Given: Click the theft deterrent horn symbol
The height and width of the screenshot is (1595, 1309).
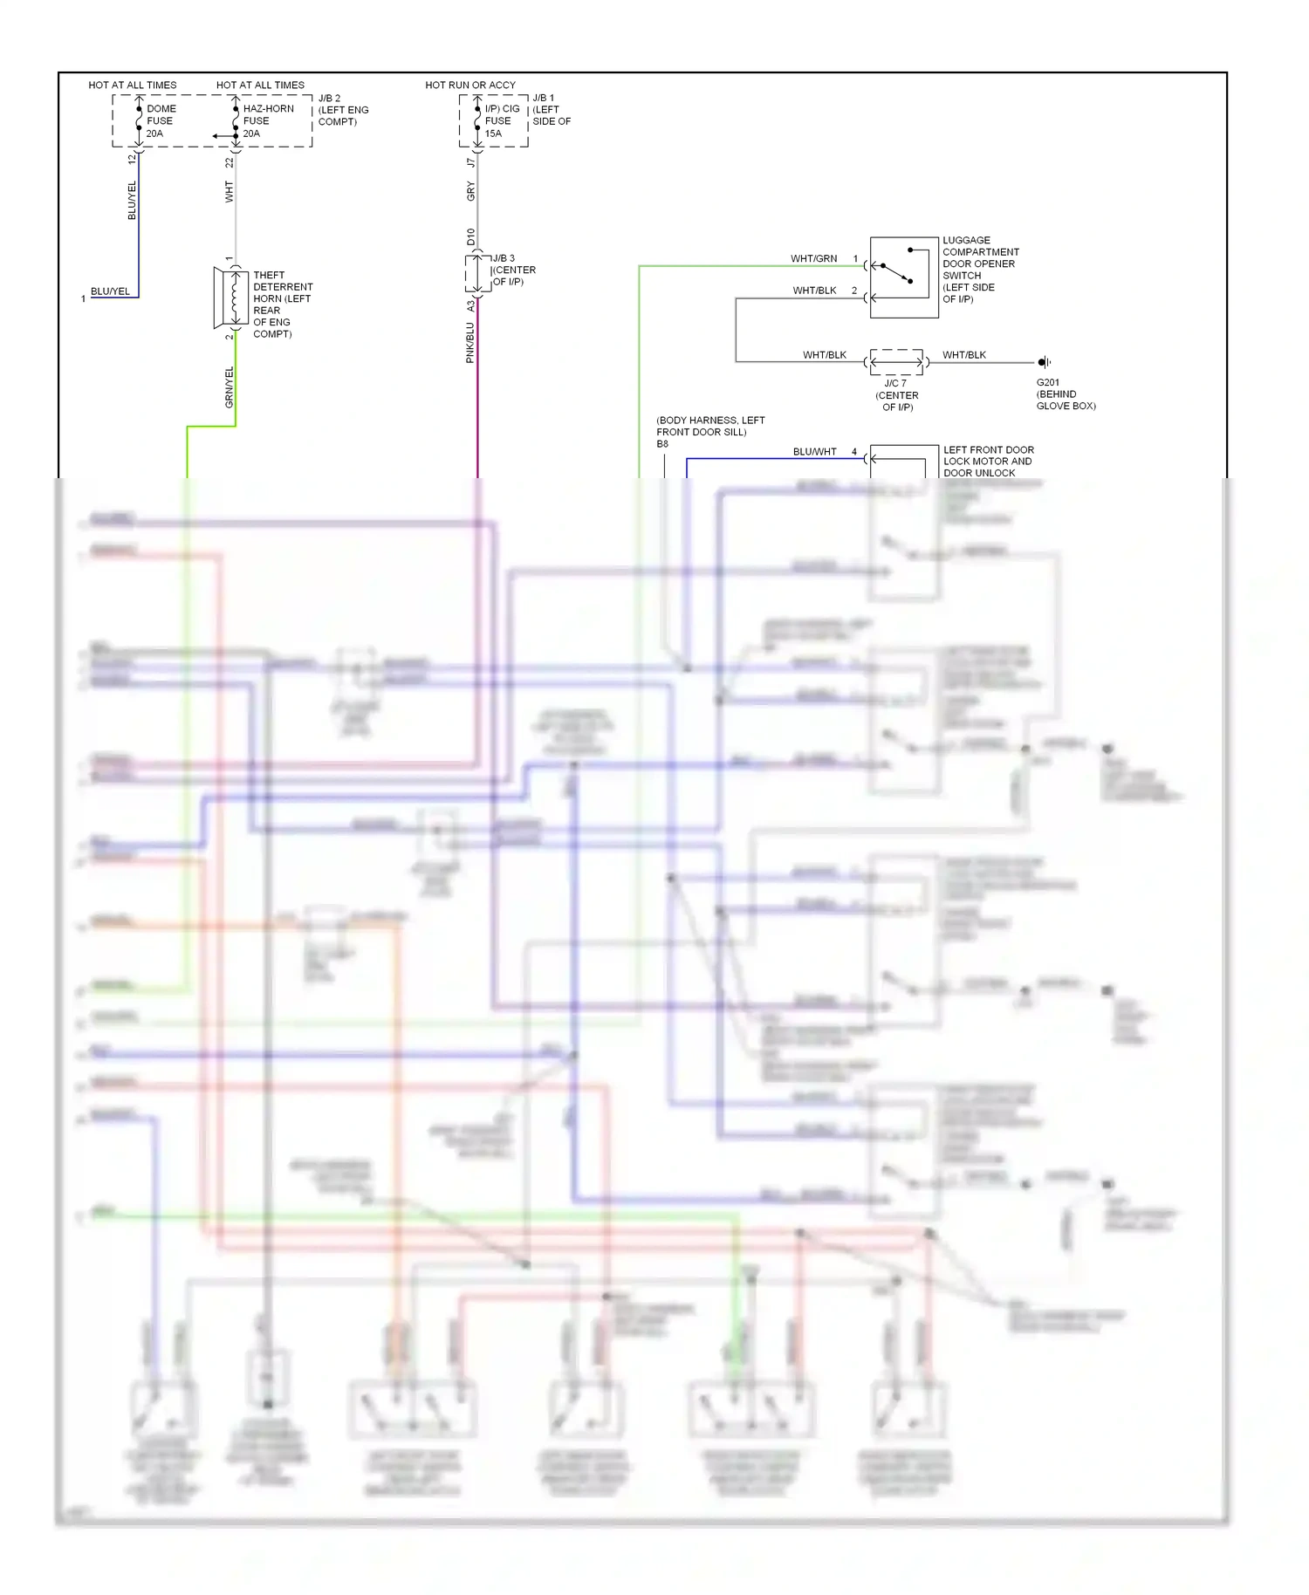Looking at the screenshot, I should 231,298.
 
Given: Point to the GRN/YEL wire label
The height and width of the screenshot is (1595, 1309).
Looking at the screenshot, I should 230,387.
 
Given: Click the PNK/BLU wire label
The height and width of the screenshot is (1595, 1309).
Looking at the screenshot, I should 470,343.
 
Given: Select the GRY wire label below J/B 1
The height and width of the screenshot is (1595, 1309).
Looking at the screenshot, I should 471,192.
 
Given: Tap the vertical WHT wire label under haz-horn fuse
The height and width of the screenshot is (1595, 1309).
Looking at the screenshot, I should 230,192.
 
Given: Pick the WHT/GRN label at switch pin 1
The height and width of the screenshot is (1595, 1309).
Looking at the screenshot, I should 813,259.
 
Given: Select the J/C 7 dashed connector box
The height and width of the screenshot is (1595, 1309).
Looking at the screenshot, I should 896,362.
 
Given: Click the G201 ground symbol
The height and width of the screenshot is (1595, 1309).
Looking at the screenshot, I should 1043,362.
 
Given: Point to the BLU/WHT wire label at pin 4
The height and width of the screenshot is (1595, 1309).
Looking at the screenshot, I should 814,452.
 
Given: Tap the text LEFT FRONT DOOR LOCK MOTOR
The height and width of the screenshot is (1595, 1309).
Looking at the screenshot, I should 988,455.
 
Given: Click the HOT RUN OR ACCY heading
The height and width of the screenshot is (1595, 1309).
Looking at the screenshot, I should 470,85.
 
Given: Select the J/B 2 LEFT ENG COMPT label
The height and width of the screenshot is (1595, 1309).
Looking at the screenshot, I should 342,110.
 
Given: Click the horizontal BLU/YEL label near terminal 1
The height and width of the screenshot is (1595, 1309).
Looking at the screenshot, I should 110,291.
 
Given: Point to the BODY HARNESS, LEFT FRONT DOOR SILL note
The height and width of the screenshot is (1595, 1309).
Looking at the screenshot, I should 709,426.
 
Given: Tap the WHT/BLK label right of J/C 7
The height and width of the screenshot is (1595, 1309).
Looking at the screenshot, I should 963,355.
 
